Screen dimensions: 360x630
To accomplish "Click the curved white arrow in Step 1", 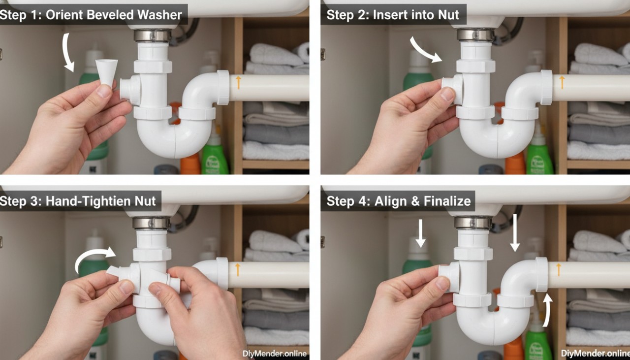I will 67,53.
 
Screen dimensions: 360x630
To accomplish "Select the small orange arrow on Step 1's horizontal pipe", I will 239,82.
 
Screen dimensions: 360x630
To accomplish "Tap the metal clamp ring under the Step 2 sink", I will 475,34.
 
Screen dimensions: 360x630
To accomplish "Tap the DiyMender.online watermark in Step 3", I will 275,353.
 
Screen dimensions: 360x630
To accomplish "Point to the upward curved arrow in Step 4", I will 546,310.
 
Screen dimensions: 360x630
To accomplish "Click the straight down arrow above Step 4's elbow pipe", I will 515,233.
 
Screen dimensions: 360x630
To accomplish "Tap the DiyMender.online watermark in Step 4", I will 595,353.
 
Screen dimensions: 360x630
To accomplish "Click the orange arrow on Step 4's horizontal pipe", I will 558,269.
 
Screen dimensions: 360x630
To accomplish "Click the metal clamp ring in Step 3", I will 152,223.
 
